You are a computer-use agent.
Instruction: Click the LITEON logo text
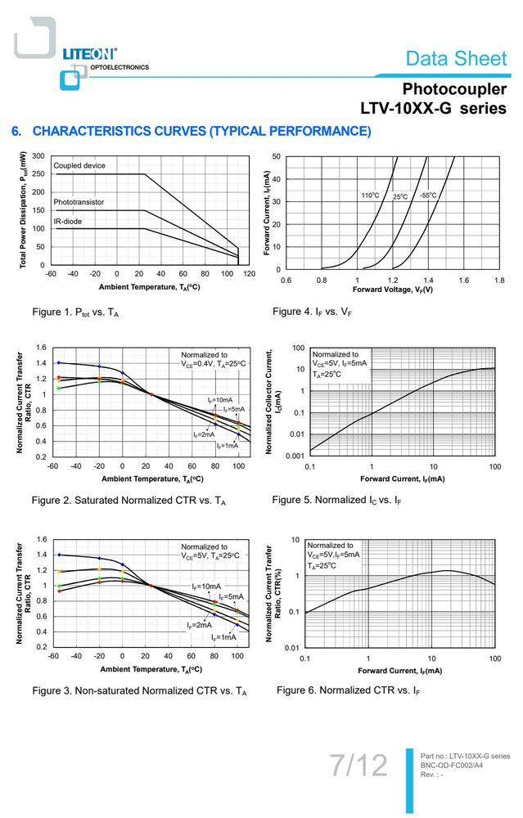pos(89,53)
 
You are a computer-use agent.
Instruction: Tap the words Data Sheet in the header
pos(456,58)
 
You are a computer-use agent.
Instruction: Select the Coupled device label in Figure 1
pos(79,165)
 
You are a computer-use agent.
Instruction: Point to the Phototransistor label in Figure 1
pos(79,202)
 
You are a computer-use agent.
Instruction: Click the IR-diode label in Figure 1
pos(68,221)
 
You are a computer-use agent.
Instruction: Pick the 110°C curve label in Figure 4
pos(371,196)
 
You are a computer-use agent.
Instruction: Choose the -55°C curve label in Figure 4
pos(428,196)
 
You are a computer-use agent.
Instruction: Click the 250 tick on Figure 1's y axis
pos(38,173)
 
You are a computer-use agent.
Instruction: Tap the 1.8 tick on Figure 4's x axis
pos(499,280)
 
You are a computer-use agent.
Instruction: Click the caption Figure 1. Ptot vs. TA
pos(75,312)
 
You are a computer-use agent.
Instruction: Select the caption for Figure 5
pos(336,500)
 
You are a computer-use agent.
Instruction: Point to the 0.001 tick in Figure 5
pos(295,456)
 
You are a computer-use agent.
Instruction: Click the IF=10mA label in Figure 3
pos(206,587)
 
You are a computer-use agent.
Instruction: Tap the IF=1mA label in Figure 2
pos(228,446)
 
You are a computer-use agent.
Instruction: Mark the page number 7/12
pos(359,765)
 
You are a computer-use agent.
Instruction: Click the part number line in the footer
pos(465,756)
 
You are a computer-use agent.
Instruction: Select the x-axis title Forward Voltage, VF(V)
pos(393,290)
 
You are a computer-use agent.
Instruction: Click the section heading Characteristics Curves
pos(191,131)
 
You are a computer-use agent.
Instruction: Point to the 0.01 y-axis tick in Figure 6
pos(292,647)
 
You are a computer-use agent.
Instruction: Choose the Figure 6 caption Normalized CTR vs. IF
pos(348,690)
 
